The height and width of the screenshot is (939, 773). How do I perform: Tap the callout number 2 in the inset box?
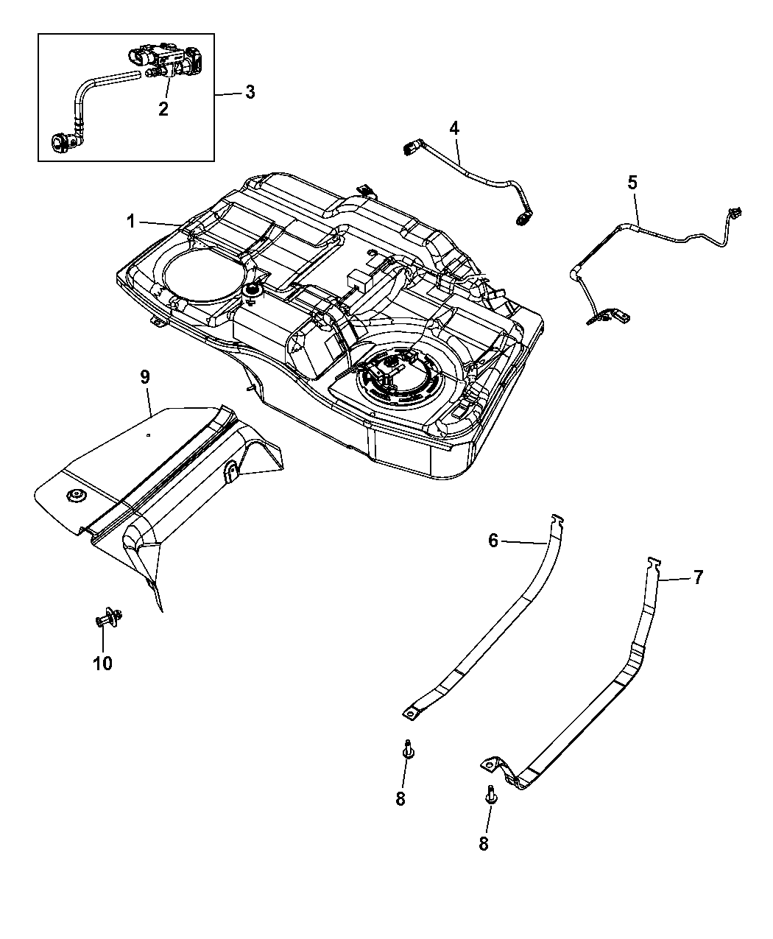[x=163, y=109]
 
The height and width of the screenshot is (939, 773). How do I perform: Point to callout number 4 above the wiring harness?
[x=454, y=128]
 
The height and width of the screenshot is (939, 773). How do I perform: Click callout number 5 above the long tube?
[x=632, y=183]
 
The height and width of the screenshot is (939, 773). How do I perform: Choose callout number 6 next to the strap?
[x=493, y=541]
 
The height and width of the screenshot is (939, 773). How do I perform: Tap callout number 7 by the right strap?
[x=698, y=577]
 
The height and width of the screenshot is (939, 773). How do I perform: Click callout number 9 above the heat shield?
[x=145, y=377]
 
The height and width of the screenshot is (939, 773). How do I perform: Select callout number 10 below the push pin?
[x=102, y=663]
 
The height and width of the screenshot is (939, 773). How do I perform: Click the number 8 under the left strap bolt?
[x=400, y=799]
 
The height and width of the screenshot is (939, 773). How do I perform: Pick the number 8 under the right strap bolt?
[x=484, y=843]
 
